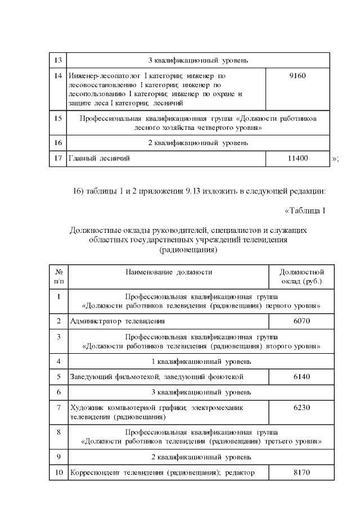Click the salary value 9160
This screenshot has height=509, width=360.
297,75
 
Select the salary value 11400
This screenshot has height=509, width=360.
297,159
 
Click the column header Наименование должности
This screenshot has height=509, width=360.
169,272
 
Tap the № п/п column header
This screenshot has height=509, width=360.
58,277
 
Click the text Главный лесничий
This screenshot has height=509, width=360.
99,159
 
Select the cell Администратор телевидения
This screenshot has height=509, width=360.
117,321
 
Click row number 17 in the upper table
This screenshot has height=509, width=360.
58,159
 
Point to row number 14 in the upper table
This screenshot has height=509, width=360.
58,75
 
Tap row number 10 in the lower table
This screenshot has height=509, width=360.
58,472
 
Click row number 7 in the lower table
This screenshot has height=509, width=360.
58,407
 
